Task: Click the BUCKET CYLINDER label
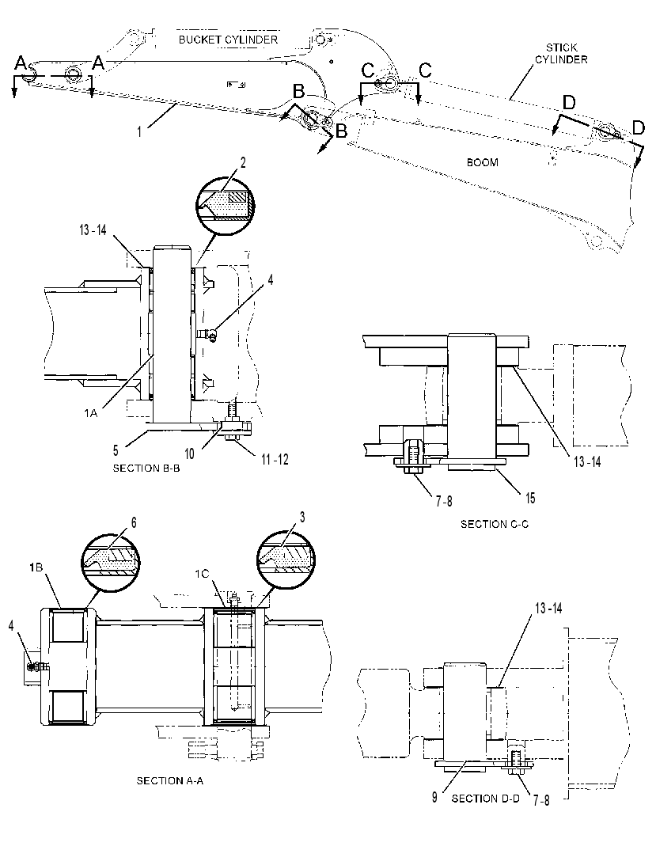pyautogui.click(x=228, y=40)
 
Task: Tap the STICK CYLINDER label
pyautogui.click(x=561, y=54)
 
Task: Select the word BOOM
pyautogui.click(x=482, y=162)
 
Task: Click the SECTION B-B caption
pyautogui.click(x=146, y=468)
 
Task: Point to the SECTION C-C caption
pyautogui.click(x=495, y=524)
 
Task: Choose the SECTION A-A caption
pyautogui.click(x=169, y=780)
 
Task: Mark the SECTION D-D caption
pyautogui.click(x=485, y=798)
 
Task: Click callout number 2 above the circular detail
pyautogui.click(x=243, y=162)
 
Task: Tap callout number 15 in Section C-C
pyautogui.click(x=529, y=498)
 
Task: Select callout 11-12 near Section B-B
pyautogui.click(x=275, y=459)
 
